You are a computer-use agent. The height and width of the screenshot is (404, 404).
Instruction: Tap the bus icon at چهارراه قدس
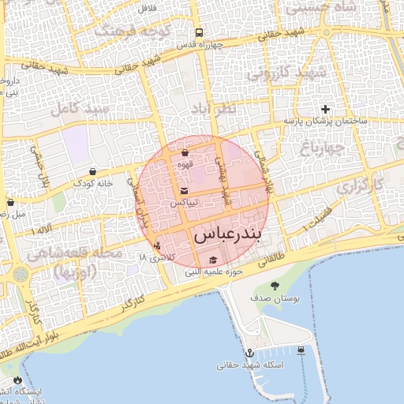199,33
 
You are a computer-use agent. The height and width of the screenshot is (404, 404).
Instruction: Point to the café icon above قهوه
185,153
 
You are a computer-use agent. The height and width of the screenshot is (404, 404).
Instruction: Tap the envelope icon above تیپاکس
185,192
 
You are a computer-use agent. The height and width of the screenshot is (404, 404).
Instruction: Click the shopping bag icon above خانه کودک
93,171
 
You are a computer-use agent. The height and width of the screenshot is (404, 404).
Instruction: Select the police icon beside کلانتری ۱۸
158,245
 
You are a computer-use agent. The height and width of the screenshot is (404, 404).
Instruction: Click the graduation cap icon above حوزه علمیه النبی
211,260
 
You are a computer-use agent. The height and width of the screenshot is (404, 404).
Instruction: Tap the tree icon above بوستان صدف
275,286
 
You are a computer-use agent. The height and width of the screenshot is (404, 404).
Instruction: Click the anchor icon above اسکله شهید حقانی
249,353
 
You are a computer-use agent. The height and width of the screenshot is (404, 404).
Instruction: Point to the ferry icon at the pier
301,350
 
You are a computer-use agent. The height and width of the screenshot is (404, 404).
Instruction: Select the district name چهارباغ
321,146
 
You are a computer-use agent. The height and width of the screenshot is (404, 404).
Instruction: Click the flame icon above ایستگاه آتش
18,380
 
